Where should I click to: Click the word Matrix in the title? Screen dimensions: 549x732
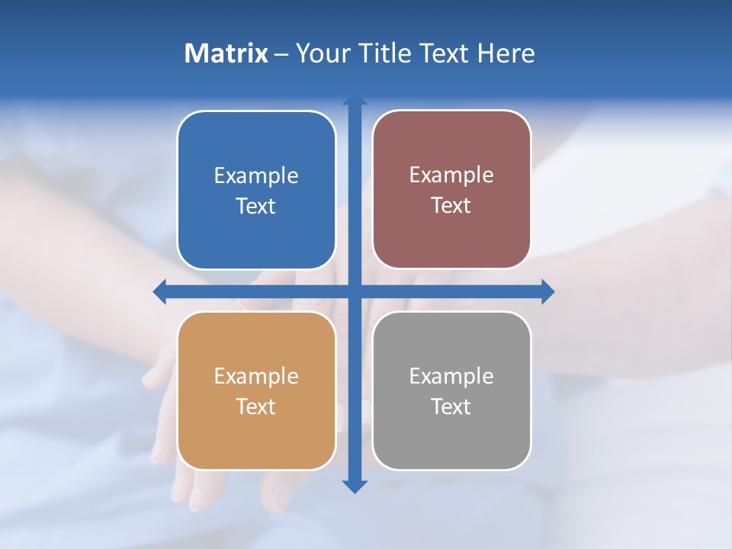[x=226, y=53]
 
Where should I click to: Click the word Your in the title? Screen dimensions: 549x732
[x=322, y=53]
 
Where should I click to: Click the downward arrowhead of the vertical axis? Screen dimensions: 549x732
[x=355, y=486]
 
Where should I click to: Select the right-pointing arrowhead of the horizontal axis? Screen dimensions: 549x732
[x=548, y=291]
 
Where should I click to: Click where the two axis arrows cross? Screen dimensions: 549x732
[x=355, y=291]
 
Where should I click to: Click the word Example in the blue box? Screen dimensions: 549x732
[x=256, y=176]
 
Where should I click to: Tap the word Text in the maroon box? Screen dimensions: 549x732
[x=451, y=206]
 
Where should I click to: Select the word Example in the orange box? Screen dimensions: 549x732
[x=256, y=377]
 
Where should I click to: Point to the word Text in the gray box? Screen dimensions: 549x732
[x=451, y=407]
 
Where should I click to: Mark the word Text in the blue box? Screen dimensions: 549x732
[x=256, y=207]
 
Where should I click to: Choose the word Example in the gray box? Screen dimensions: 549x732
[x=451, y=377]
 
